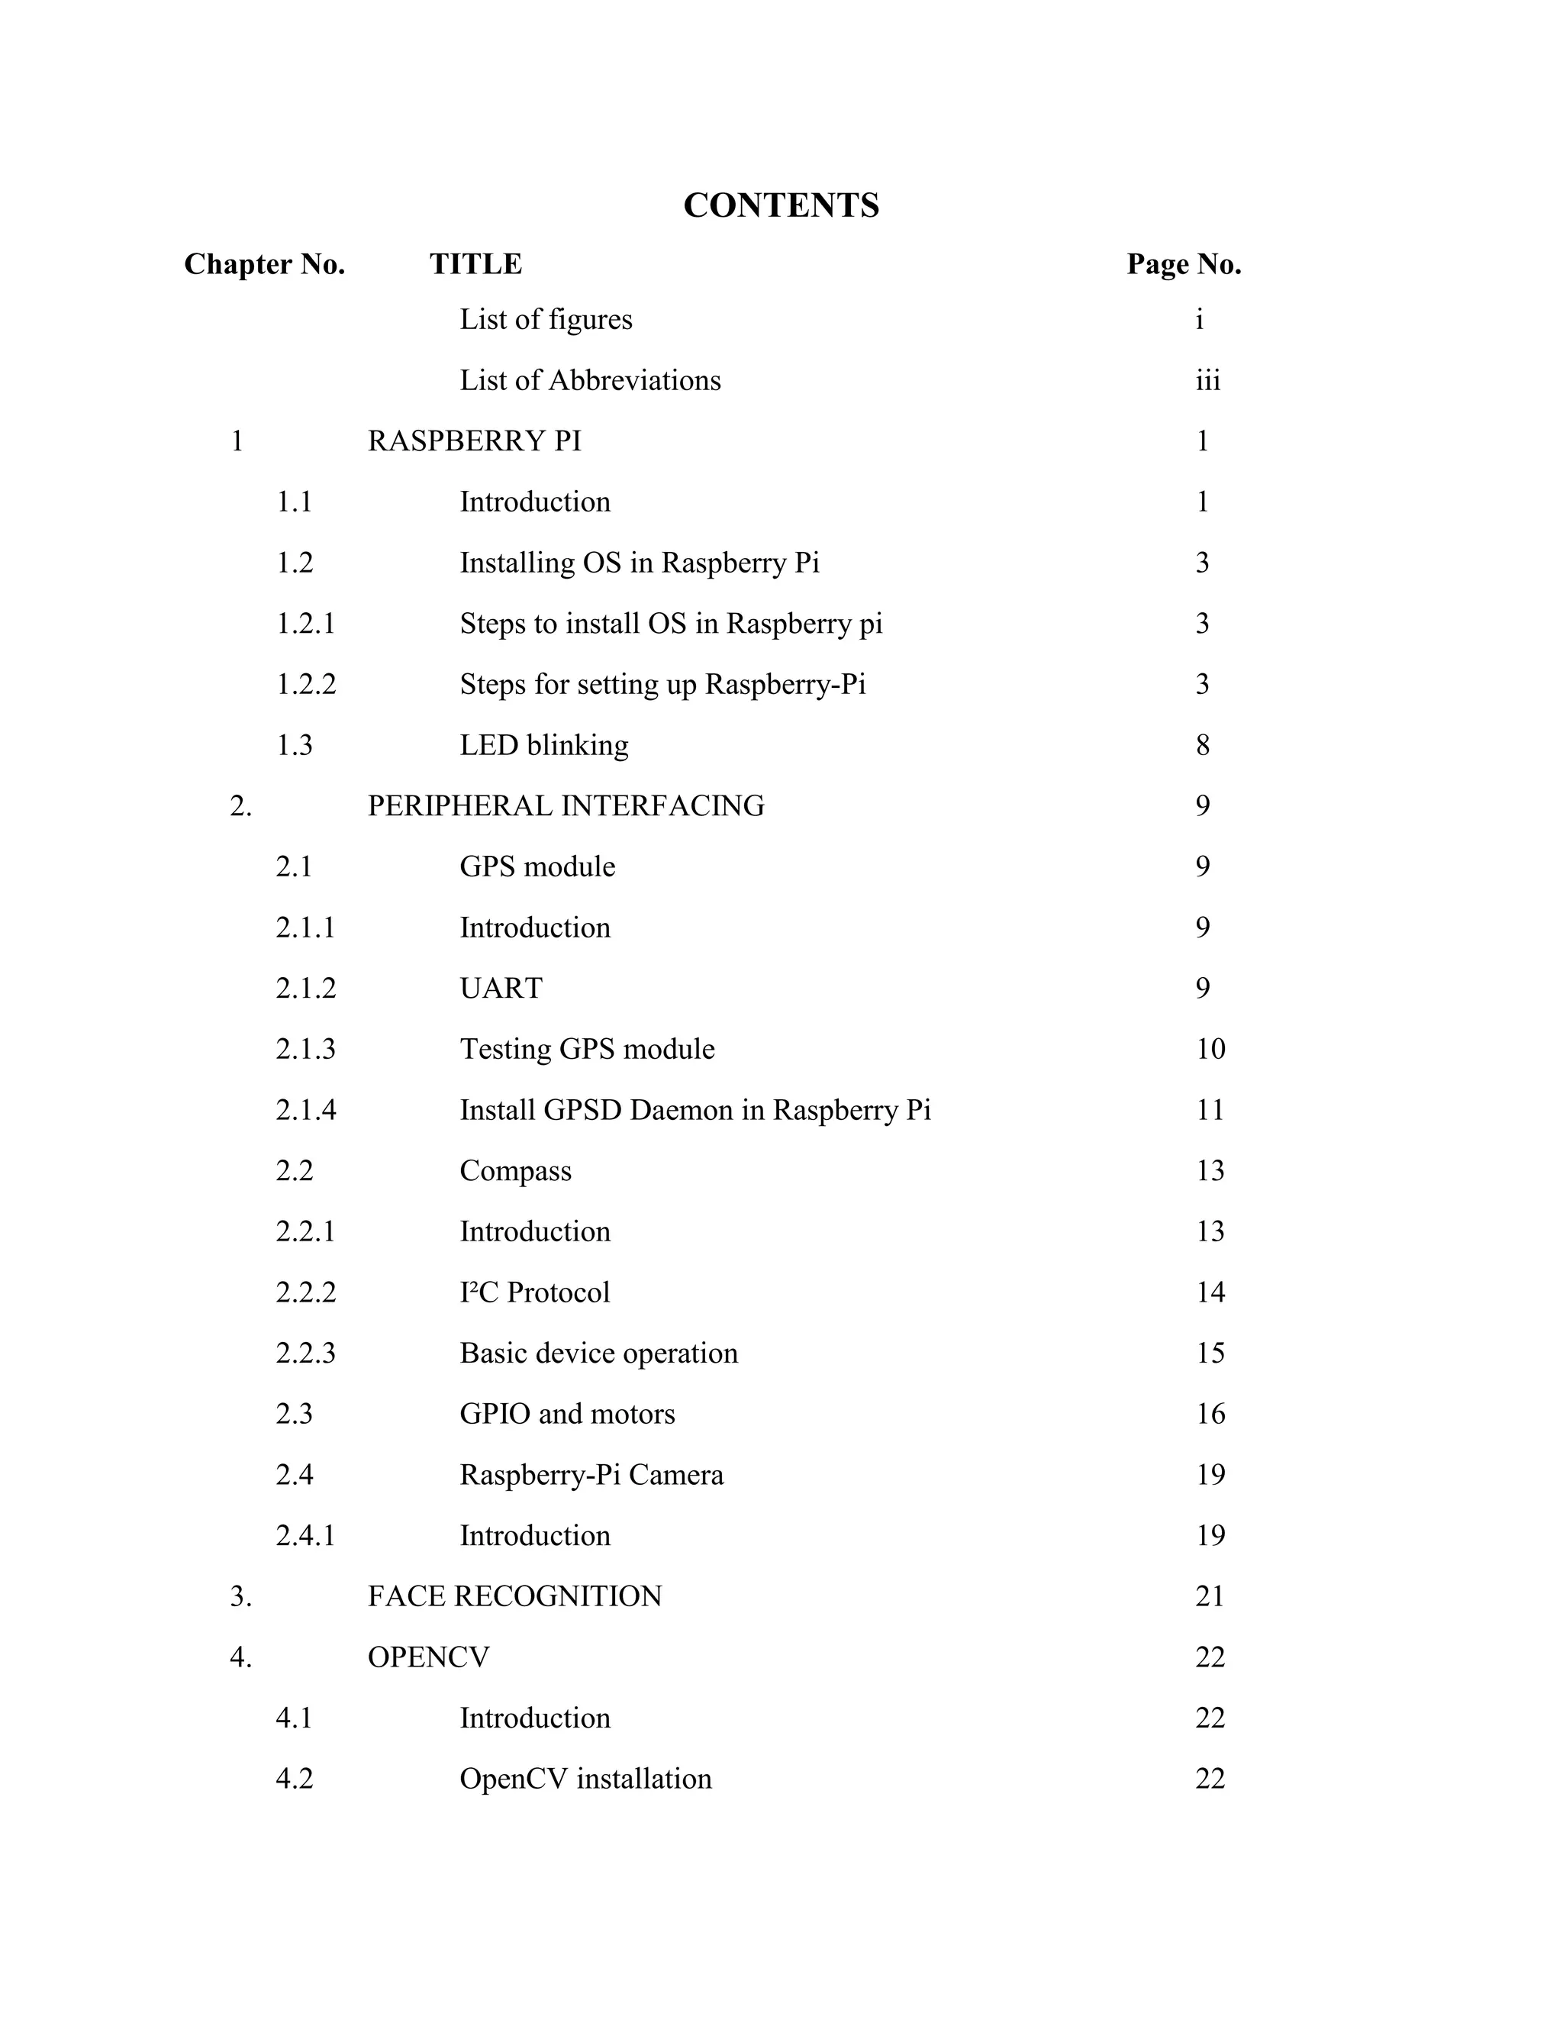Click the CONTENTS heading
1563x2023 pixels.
(781, 205)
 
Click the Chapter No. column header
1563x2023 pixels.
(264, 264)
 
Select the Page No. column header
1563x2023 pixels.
(1184, 264)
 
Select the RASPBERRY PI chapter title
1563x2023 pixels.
(474, 441)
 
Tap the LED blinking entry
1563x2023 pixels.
(543, 745)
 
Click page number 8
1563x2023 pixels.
(1202, 745)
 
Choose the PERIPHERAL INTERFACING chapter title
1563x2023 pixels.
(566, 806)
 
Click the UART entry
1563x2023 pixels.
(501, 989)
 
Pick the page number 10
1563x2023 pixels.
(1210, 1049)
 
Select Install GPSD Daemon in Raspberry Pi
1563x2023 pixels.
(694, 1110)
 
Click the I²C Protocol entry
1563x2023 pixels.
(534, 1292)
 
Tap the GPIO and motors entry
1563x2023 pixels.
(567, 1414)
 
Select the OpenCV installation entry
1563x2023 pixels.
(585, 1779)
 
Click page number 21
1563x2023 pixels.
(1210, 1596)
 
